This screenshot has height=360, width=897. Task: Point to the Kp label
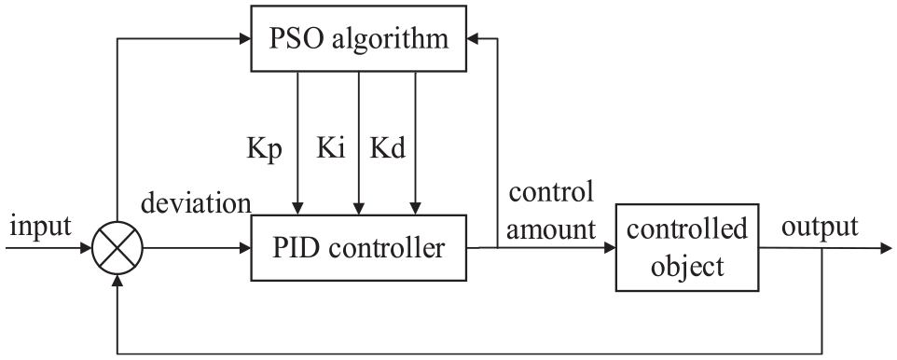(x=264, y=150)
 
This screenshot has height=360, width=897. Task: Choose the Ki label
(x=331, y=148)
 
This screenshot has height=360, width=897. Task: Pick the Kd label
(x=388, y=148)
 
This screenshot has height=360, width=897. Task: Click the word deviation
(x=196, y=203)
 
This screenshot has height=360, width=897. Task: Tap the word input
(x=41, y=228)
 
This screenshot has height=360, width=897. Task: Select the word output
(x=820, y=228)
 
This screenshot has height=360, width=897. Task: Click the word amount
(x=551, y=230)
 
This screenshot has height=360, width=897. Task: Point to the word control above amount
(x=551, y=192)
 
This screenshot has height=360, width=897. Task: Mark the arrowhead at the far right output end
(x=886, y=248)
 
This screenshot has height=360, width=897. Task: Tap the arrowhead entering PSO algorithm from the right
(x=473, y=38)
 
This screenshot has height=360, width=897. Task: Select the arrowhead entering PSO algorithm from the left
(x=245, y=38)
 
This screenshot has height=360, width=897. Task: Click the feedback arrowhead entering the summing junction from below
(x=117, y=280)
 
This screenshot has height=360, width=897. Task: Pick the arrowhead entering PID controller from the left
(x=245, y=248)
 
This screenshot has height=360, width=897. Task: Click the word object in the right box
(x=687, y=267)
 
